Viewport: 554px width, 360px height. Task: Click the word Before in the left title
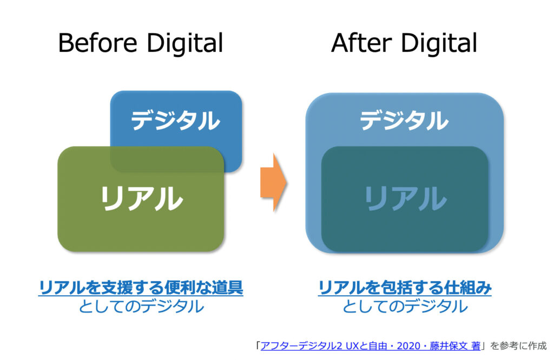97,43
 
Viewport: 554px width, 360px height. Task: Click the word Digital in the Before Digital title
185,43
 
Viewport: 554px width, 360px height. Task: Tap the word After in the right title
361,43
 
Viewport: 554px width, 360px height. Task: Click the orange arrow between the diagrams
273,183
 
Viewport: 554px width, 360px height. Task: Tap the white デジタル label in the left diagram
176,120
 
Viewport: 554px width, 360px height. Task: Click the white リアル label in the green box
141,198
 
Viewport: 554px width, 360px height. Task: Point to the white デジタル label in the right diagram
404,120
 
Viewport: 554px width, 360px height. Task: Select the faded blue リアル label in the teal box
406,198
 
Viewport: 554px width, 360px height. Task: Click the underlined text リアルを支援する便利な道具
141,288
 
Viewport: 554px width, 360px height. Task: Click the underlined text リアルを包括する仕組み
405,288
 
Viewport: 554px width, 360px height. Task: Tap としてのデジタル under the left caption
141,306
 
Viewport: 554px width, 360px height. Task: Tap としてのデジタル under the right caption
405,306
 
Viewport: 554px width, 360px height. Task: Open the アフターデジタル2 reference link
370,346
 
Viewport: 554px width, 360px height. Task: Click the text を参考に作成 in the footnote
519,346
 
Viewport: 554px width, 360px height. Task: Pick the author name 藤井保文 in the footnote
449,346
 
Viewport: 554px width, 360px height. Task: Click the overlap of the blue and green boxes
167,159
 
